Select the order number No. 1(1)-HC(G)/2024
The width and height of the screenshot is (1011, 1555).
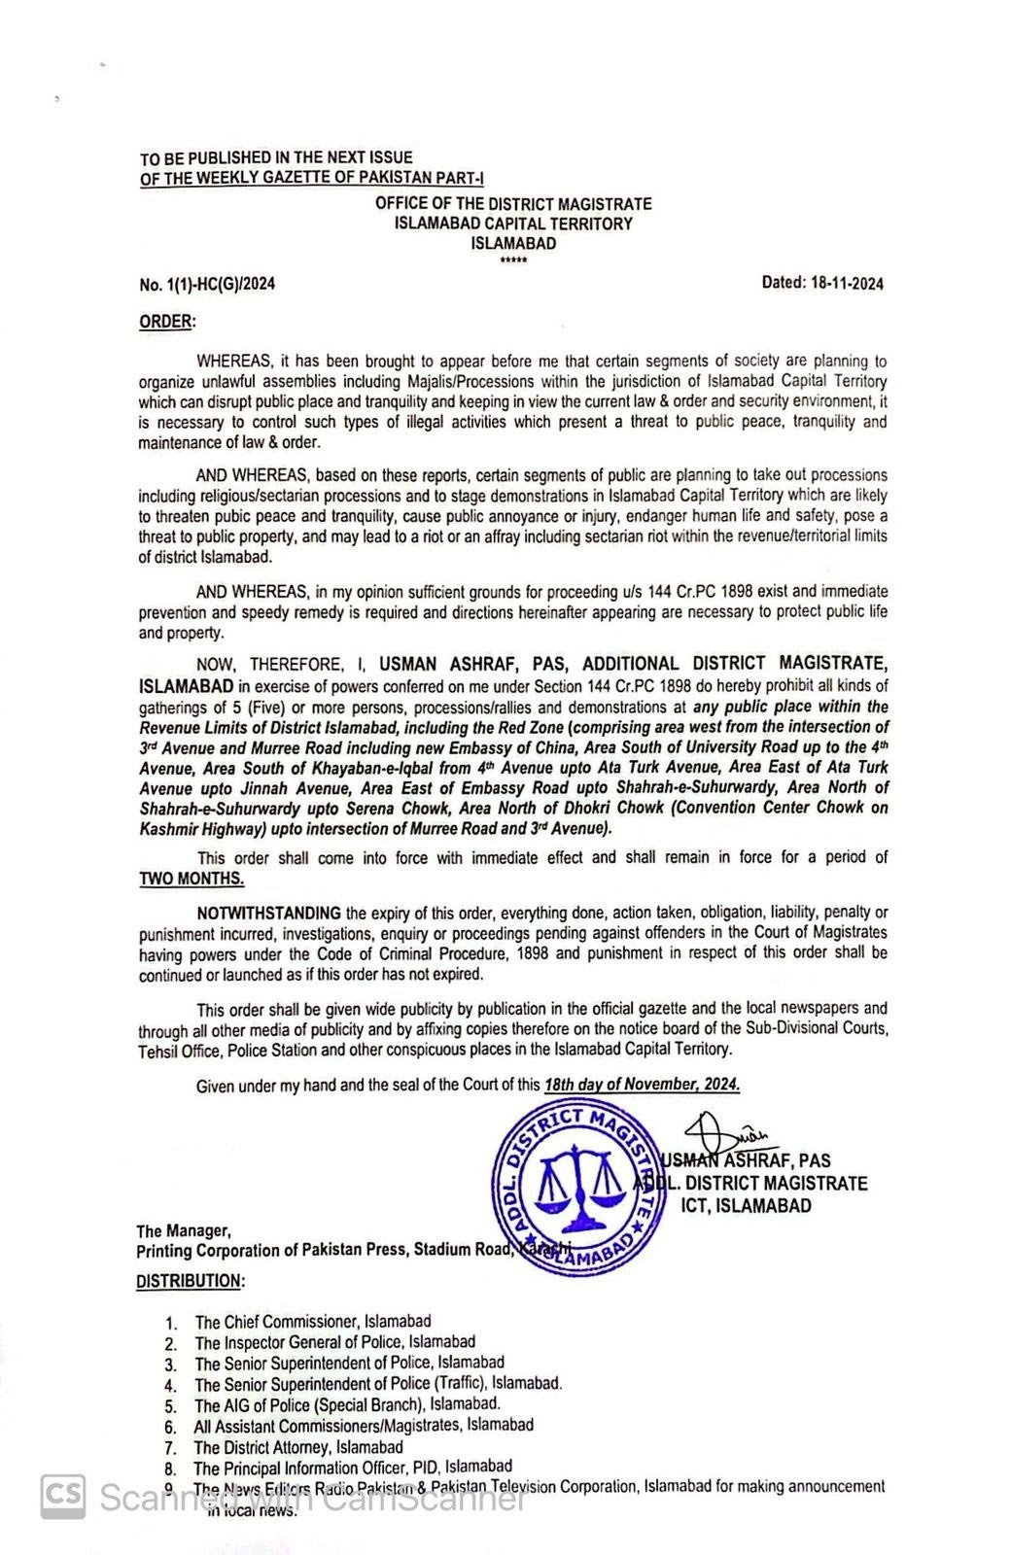tap(207, 285)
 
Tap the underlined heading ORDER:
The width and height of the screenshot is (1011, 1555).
tap(167, 322)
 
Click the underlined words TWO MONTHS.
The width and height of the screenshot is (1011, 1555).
tap(192, 879)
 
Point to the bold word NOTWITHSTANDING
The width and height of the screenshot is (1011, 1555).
tap(269, 913)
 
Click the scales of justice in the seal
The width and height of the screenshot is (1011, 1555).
tap(581, 1184)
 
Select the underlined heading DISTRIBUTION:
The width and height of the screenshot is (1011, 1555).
tap(191, 1281)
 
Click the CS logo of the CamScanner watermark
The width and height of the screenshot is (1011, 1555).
tap(62, 1498)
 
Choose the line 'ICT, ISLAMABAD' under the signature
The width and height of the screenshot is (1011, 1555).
tap(746, 1206)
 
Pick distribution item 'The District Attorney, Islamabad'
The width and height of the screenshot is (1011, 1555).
tap(297, 1447)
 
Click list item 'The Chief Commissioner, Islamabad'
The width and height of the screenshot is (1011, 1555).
tap(312, 1322)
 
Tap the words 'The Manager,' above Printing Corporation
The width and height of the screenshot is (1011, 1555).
tap(184, 1230)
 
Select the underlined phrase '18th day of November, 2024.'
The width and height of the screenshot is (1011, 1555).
tap(642, 1085)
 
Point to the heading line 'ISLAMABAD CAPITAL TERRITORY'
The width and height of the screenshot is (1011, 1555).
tap(513, 224)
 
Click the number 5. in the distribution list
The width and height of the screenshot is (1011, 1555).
tap(171, 1405)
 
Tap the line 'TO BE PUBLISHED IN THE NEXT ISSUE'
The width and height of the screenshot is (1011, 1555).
tap(276, 157)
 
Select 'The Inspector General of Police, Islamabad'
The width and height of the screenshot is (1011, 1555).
tap(334, 1342)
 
